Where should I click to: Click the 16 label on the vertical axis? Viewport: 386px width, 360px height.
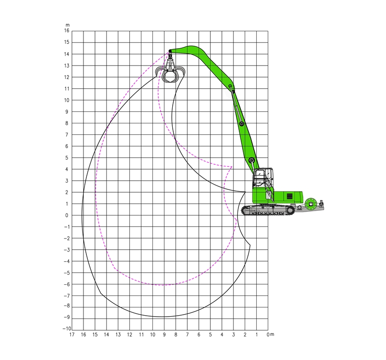coord(67,31)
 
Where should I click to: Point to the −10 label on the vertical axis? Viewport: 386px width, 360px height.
coord(67,329)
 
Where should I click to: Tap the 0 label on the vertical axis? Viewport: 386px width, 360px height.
coord(67,215)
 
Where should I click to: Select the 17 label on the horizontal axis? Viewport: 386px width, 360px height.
coord(72,334)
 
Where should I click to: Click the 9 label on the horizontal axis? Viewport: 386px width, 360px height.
coord(164,334)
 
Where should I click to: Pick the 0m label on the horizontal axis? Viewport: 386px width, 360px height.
coord(270,334)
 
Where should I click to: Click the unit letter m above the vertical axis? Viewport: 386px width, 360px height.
coord(68,25)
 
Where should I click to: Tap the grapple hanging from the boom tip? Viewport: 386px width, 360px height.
coord(170,69)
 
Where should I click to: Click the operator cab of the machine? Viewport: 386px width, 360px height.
coord(263,177)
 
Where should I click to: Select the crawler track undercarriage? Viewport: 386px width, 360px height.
coord(268,210)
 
